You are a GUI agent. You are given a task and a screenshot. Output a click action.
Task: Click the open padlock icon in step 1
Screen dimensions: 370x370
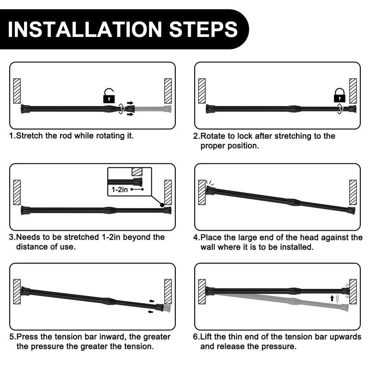(x=109, y=96)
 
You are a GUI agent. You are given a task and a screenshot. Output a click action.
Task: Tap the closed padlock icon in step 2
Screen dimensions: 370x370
(x=339, y=96)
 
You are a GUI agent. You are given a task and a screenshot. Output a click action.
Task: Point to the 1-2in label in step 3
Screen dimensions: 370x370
(x=119, y=190)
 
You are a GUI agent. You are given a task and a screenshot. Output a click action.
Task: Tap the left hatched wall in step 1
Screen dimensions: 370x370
(x=17, y=91)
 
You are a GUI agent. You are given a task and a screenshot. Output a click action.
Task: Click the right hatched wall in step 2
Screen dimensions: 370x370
(x=353, y=91)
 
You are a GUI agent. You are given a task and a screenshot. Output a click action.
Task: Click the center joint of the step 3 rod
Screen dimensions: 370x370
(x=109, y=210)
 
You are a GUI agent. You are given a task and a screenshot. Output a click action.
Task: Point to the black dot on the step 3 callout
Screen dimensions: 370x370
(x=161, y=205)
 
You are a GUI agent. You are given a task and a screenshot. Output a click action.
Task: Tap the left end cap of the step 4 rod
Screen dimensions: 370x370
(x=210, y=190)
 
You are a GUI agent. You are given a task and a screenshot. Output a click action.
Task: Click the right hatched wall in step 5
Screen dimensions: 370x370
(x=168, y=291)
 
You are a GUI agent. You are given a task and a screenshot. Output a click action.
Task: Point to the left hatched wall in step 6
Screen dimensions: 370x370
(x=202, y=291)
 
